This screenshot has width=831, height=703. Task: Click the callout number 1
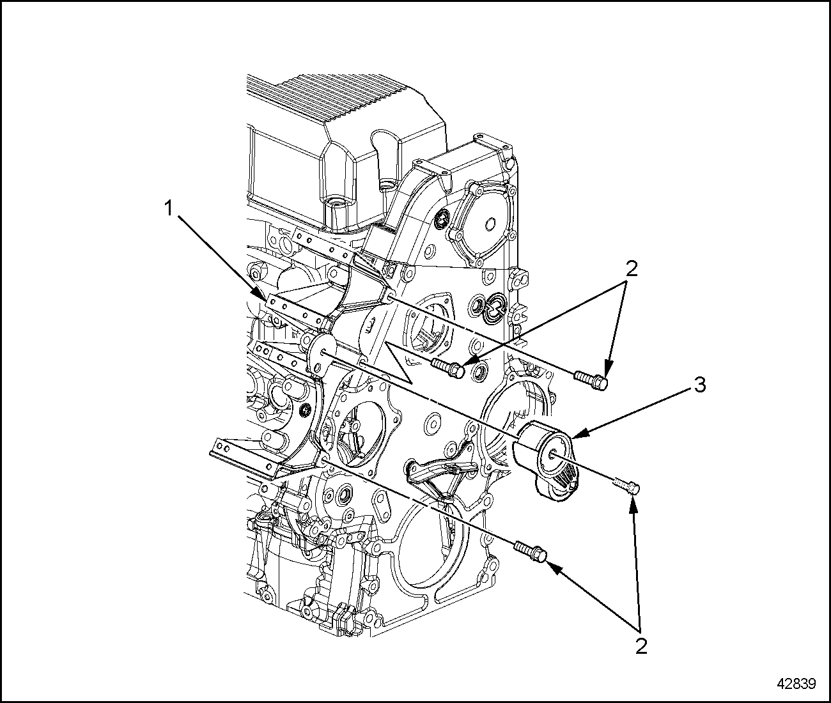[x=169, y=209]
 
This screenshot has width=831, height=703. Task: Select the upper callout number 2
[x=632, y=269]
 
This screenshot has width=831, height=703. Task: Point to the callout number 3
[x=700, y=385]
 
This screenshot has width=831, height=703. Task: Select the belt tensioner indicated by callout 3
[x=547, y=459]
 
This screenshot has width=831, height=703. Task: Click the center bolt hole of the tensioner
[x=550, y=454]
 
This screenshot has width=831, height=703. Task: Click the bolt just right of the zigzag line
[x=448, y=367]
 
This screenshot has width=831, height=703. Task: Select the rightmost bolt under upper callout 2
[x=591, y=379]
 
